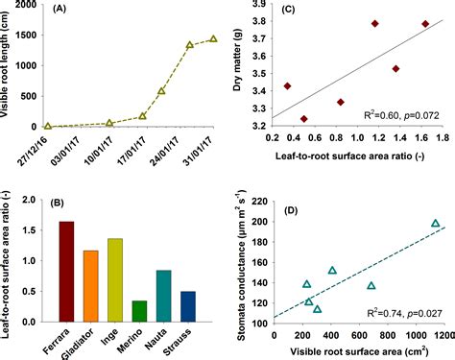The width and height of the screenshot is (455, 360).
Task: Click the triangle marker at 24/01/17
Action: click(x=190, y=45)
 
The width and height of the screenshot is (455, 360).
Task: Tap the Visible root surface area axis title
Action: click(x=359, y=352)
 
